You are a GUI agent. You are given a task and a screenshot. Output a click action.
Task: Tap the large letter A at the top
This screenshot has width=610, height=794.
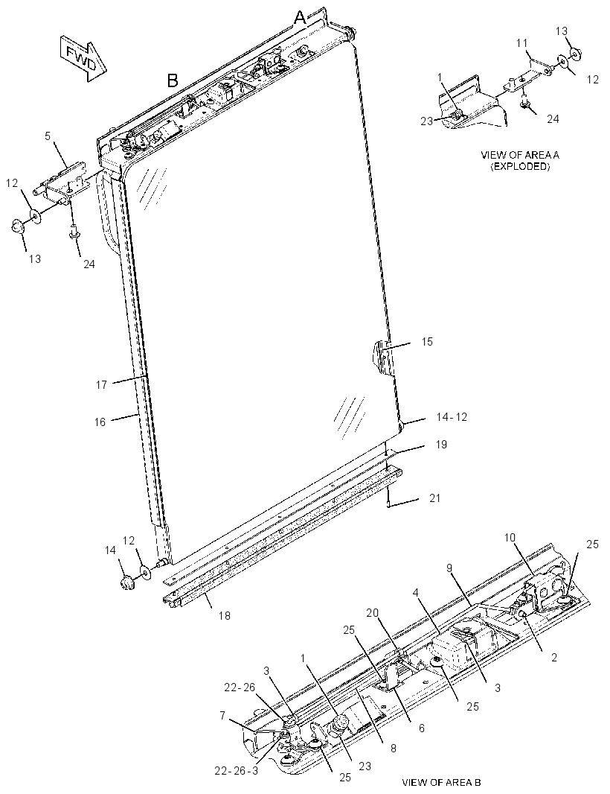(x=300, y=18)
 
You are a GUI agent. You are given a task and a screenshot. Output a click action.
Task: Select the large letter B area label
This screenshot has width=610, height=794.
(x=173, y=80)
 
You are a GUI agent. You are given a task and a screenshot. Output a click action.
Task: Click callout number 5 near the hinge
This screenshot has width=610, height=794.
(x=48, y=136)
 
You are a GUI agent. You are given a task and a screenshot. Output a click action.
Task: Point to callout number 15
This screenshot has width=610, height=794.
(x=428, y=342)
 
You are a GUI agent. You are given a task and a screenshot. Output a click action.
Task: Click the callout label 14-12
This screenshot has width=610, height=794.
(x=452, y=417)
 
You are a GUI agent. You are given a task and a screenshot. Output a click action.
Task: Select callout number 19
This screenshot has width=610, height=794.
(x=441, y=445)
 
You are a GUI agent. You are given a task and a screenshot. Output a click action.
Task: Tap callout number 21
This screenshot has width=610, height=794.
(x=435, y=498)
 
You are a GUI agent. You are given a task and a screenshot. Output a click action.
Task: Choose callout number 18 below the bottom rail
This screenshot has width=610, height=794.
(x=224, y=616)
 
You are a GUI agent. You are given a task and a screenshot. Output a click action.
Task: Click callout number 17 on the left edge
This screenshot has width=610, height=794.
(x=102, y=385)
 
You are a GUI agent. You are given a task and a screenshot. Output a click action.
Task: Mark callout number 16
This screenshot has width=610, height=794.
(x=100, y=422)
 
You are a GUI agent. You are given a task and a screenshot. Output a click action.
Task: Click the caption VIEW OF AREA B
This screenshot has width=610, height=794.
(x=442, y=782)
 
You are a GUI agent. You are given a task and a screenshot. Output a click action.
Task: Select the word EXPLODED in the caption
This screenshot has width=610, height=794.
(x=520, y=166)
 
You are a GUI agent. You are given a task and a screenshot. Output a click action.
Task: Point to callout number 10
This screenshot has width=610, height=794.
(x=510, y=537)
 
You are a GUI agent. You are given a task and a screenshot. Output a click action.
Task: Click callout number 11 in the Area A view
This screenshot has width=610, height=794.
(x=522, y=43)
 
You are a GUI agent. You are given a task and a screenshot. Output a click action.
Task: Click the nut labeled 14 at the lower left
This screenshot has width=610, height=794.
(x=127, y=583)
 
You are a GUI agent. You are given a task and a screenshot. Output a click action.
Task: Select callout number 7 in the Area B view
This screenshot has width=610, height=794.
(x=222, y=716)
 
